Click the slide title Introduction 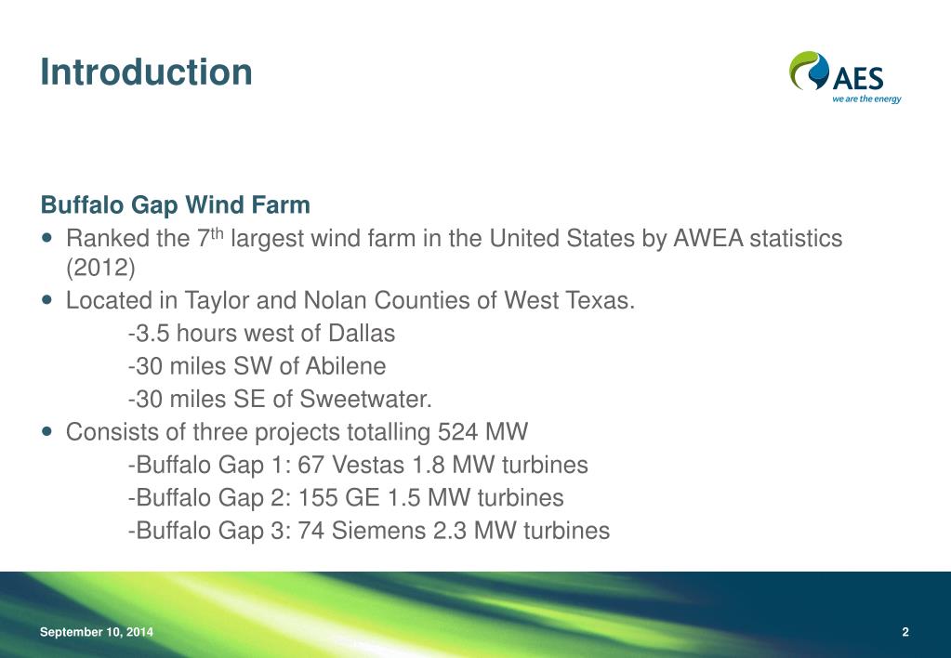tap(146, 72)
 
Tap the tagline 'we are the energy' tap(866, 99)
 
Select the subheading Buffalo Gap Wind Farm tap(175, 204)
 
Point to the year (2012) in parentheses tap(100, 269)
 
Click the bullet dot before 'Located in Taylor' tap(48, 301)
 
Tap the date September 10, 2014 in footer tap(97, 633)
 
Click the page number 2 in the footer tap(905, 633)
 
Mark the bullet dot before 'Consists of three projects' tap(48, 432)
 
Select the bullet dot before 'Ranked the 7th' tap(48, 239)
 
